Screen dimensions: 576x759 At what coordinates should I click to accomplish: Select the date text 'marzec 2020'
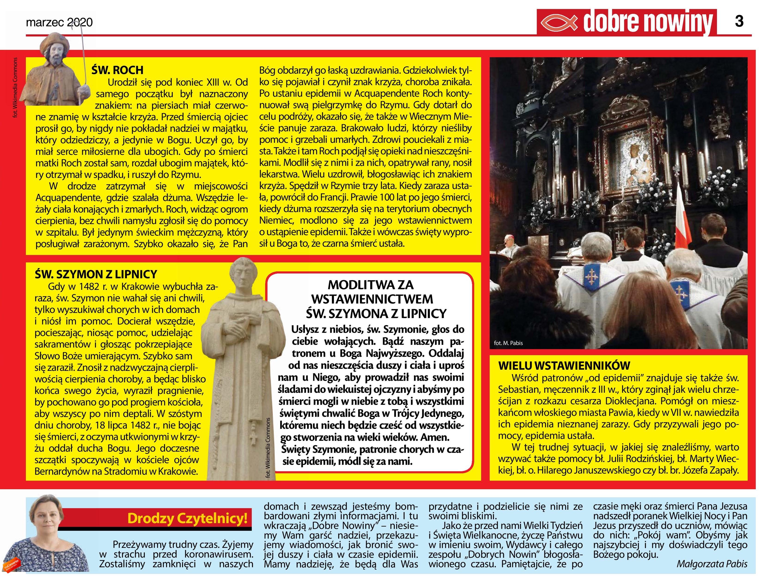coord(59,23)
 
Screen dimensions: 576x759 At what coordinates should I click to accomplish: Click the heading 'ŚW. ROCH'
coord(117,70)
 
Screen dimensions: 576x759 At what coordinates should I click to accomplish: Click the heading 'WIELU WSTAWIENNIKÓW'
coord(564,366)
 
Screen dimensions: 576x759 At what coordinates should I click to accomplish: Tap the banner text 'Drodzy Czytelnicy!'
coord(187,519)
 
